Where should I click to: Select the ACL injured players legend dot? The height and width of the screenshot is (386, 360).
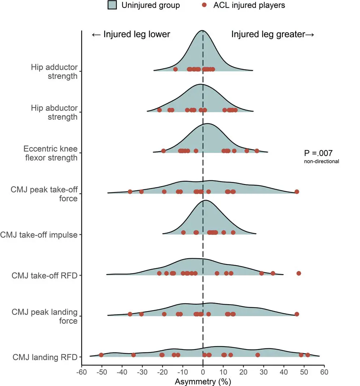(x=204, y=5)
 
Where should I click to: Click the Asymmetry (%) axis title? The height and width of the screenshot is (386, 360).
(x=203, y=381)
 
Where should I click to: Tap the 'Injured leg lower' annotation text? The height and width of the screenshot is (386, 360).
(x=131, y=34)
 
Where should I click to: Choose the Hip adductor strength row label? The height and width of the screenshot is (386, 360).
(x=54, y=71)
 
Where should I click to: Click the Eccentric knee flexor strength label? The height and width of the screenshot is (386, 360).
(x=51, y=153)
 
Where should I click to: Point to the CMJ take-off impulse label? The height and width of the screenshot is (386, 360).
(x=39, y=235)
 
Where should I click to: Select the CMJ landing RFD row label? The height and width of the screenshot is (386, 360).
(x=45, y=357)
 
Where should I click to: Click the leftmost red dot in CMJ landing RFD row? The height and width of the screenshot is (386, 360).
(x=101, y=355)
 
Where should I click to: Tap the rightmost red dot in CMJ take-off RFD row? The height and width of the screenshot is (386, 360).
(x=299, y=273)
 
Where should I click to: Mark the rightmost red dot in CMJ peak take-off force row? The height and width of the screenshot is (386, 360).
(x=297, y=192)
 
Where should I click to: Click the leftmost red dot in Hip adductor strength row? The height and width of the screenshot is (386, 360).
(x=175, y=69)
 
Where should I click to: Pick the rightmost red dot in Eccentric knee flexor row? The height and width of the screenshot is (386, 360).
(x=257, y=151)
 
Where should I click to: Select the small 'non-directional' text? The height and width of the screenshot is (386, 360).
(x=321, y=161)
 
